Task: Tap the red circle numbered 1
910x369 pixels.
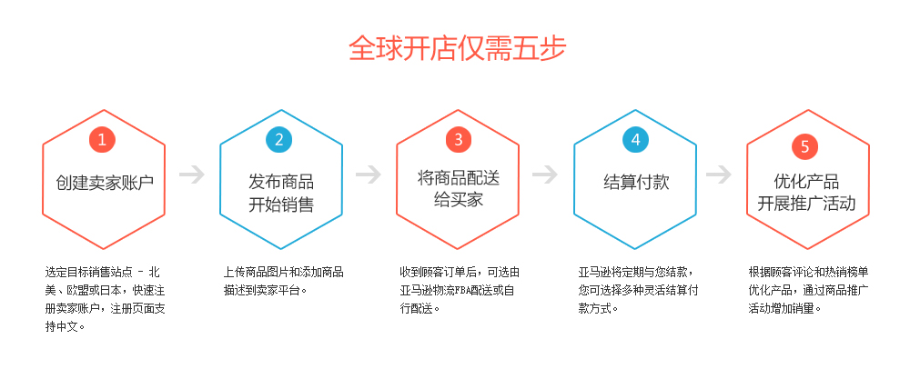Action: pos(103,139)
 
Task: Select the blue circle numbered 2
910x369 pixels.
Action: pos(279,139)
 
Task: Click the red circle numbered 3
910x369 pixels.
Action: pos(457,139)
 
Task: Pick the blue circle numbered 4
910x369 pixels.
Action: pos(636,139)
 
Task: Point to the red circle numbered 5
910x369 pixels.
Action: pos(805,145)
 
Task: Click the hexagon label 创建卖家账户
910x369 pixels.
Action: pos(103,182)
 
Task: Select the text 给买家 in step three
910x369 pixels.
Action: pos(458,199)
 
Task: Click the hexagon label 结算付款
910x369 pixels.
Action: pos(636,182)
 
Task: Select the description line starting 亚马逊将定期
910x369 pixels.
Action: pos(636,272)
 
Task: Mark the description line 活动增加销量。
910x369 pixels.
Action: pos(784,308)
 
